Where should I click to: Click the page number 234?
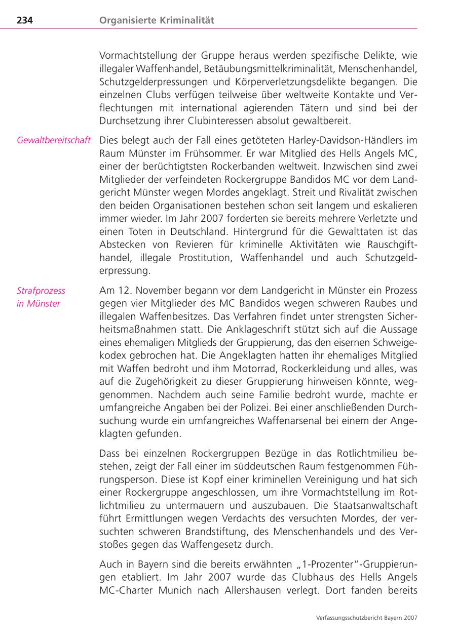pos(25,21)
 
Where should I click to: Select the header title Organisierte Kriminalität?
pos(157,21)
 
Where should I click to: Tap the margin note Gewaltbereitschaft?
pos(54,140)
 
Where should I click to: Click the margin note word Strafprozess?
pos(41,291)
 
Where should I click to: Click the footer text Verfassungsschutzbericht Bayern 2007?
pos(366,618)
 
